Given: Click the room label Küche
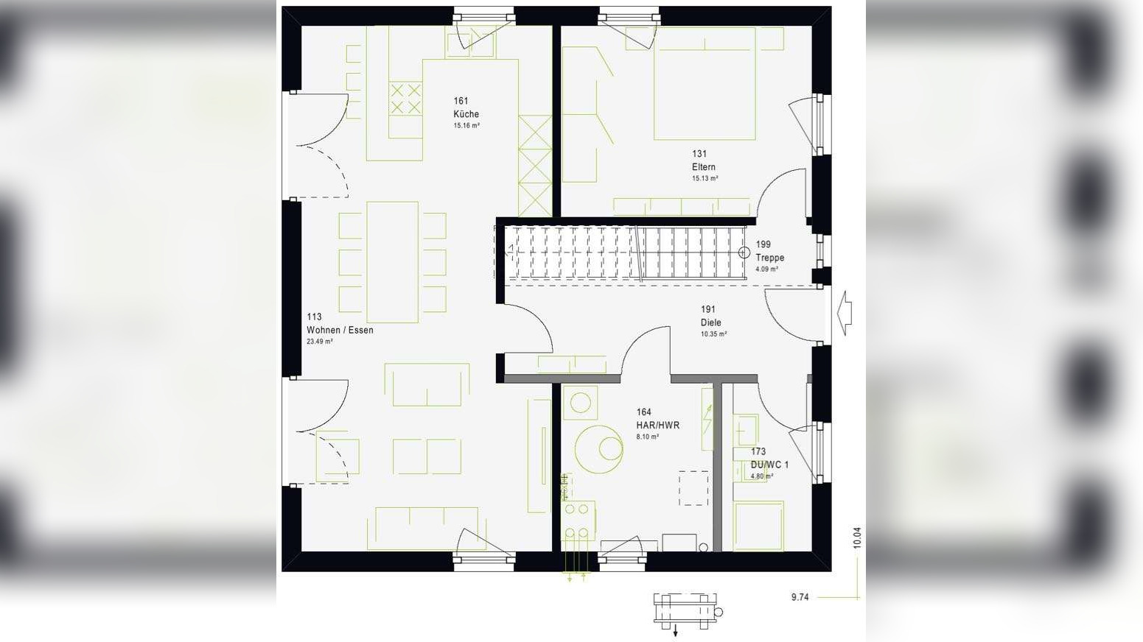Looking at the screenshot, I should (x=466, y=114).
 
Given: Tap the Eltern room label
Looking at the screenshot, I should (x=703, y=167).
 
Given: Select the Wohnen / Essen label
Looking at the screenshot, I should (x=340, y=330).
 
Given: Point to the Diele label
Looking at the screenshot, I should (x=710, y=322).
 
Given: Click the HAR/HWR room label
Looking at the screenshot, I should (x=657, y=425).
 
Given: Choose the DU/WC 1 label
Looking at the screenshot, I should (x=769, y=465).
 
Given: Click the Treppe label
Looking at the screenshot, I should (x=769, y=258).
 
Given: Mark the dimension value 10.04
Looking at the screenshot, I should (x=856, y=537).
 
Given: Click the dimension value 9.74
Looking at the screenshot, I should (x=800, y=597).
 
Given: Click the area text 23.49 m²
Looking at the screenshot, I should (x=320, y=342).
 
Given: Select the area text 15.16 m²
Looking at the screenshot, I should (x=466, y=126).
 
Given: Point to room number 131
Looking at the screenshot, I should (x=699, y=154).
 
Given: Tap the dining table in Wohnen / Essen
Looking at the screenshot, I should (x=392, y=262).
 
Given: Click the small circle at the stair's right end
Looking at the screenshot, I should (x=743, y=252).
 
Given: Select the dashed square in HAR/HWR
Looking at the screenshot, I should (x=693, y=488).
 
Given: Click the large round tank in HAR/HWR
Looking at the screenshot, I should (x=598, y=448).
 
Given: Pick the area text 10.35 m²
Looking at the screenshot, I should (x=713, y=334).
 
